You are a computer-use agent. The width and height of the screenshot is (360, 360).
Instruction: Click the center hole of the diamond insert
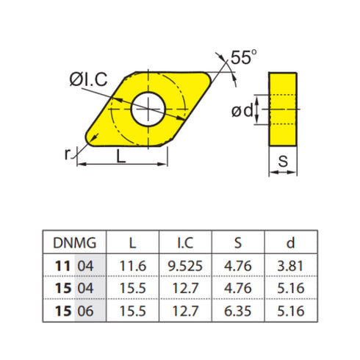149,111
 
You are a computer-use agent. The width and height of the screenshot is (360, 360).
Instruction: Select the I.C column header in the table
185,242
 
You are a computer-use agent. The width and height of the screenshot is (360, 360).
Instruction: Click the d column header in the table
292,242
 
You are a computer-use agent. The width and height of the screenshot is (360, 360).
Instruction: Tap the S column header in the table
238,242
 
